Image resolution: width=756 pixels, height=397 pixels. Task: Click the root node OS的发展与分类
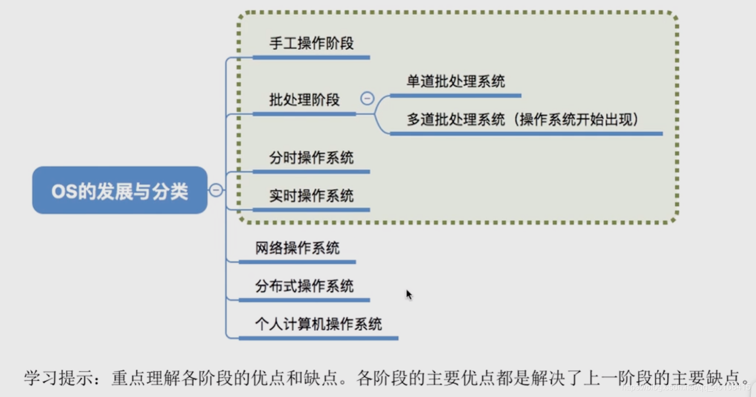120,191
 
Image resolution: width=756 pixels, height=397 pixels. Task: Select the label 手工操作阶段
311,43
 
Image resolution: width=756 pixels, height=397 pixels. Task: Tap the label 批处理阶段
304,100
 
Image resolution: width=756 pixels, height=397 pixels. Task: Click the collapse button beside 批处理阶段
367,98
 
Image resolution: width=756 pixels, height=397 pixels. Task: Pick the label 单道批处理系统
455,82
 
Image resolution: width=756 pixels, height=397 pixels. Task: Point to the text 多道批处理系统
455,120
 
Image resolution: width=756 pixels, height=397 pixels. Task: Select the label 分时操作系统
311,158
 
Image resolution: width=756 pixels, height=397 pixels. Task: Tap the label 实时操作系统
311,196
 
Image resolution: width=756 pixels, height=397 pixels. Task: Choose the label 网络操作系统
297,248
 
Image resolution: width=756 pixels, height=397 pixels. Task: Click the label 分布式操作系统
304,286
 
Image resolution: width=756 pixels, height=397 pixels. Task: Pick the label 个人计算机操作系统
318,324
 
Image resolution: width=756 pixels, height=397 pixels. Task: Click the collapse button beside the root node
216,190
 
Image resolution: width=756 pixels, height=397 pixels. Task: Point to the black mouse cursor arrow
409,294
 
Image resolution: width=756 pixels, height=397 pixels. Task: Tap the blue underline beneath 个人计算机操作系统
318,338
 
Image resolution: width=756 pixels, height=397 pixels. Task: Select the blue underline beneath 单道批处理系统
455,96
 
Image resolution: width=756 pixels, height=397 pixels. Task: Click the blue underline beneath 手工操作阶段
311,57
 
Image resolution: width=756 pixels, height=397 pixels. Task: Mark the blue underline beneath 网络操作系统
297,261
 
